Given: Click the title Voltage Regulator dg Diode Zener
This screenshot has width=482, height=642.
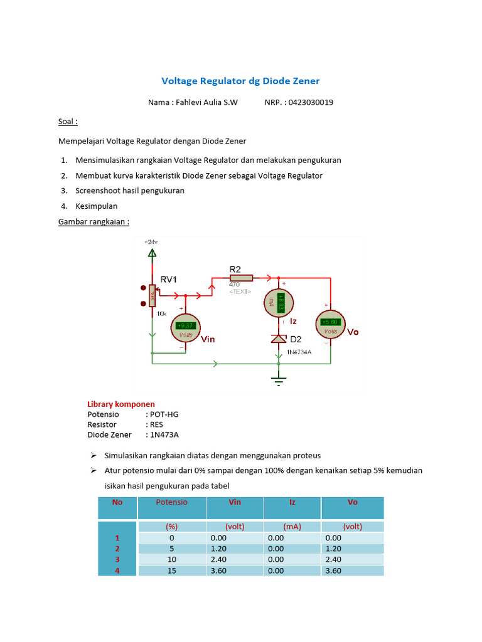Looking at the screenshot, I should click(240, 81).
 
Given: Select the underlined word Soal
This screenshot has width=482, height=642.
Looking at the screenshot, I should click(67, 122).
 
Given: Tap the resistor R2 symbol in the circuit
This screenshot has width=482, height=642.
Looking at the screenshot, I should click(240, 278).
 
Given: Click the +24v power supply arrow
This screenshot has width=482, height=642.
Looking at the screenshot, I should click(151, 252).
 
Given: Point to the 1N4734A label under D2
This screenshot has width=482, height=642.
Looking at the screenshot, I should click(299, 352).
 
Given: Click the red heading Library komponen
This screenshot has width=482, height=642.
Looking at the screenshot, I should click(120, 404).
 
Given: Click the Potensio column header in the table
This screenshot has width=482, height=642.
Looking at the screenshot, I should click(171, 502).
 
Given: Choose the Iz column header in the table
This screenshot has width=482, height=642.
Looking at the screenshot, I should click(292, 502).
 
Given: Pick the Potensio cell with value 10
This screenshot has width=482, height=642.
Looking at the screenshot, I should click(171, 559).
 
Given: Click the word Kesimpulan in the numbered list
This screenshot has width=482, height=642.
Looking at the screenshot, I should click(96, 206).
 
